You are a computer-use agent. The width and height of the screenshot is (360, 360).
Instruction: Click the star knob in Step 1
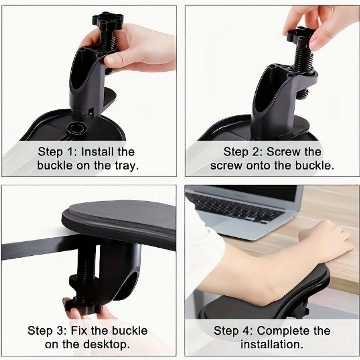point(108,20)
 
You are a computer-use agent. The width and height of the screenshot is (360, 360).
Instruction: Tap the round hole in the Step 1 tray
point(77,128)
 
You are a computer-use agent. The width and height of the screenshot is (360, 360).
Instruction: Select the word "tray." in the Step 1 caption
point(126,165)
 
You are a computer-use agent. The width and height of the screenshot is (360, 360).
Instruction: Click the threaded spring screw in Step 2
point(303,59)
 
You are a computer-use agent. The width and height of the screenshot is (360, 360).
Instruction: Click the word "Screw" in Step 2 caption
point(284,152)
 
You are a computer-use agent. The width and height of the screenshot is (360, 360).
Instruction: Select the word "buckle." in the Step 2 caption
point(314,165)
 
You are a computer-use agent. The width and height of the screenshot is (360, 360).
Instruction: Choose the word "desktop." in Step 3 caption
point(106,344)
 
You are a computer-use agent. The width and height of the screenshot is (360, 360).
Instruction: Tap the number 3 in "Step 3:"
point(61,331)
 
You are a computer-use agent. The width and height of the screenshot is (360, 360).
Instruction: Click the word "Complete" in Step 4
point(284,331)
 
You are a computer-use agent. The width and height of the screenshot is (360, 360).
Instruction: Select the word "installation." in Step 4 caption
point(272,344)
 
